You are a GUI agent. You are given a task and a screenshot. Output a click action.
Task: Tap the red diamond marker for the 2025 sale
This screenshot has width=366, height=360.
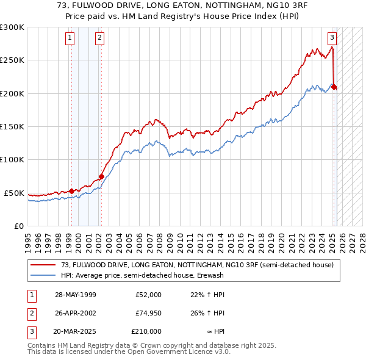click(x=334, y=87)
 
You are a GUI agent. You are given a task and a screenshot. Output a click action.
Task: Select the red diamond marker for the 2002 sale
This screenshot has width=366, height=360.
click(x=101, y=177)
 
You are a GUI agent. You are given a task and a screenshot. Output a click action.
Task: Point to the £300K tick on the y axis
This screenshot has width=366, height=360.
click(x=12, y=27)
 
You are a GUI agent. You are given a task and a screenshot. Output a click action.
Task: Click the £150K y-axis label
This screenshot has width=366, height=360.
click(x=12, y=126)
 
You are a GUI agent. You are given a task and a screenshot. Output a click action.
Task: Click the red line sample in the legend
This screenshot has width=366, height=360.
click(x=43, y=265)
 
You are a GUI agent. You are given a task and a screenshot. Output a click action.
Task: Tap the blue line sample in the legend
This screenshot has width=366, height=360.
click(x=43, y=275)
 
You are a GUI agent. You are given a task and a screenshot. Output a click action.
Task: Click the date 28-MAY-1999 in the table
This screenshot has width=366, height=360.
click(x=76, y=295)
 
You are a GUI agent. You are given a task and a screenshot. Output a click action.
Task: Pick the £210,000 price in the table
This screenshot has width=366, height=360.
click(x=146, y=331)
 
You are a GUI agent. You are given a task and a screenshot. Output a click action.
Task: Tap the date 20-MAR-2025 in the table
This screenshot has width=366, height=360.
click(x=76, y=331)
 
